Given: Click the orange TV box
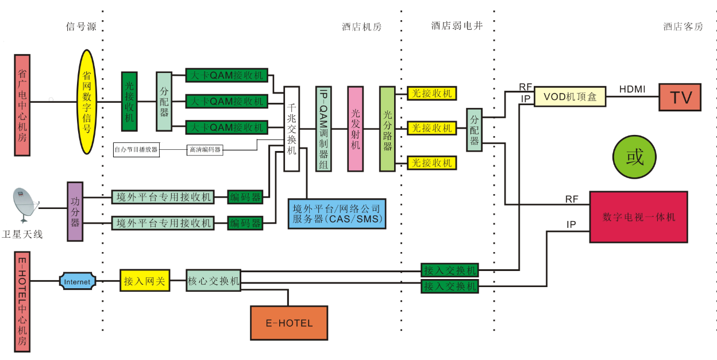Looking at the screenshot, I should pyautogui.click(x=680, y=96).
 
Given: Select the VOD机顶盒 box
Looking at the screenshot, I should pyautogui.click(x=570, y=97).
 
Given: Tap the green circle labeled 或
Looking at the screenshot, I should pyautogui.click(x=634, y=157).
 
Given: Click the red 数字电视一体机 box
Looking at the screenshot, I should pyautogui.click(x=638, y=217).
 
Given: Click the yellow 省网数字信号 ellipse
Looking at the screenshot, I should pyautogui.click(x=87, y=102).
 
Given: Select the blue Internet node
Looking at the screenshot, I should pyautogui.click(x=77, y=281).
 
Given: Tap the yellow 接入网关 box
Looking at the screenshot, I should pyautogui.click(x=145, y=281).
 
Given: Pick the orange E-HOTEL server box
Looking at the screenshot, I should pyautogui.click(x=289, y=323).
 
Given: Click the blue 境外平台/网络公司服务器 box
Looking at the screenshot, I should pyautogui.click(x=336, y=214).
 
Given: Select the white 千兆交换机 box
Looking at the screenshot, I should pyautogui.click(x=292, y=129).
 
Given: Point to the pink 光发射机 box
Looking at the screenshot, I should pyautogui.click(x=355, y=129).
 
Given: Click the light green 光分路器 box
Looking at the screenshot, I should pyautogui.click(x=387, y=129).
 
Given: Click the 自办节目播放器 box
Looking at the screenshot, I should pyautogui.click(x=136, y=149).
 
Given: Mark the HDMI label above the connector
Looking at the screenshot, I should pyautogui.click(x=632, y=89).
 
